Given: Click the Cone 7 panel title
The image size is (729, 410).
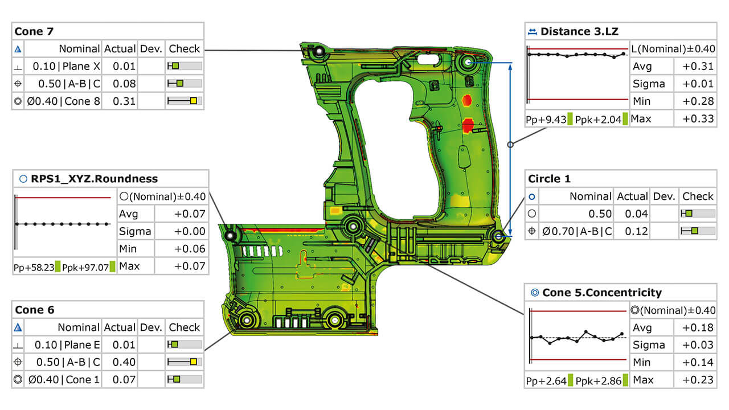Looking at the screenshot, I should (x=34, y=31).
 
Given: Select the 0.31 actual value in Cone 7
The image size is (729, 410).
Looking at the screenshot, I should (x=124, y=101).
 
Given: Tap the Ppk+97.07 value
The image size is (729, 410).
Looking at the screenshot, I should (x=85, y=266).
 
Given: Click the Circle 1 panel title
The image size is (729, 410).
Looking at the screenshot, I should (x=549, y=179).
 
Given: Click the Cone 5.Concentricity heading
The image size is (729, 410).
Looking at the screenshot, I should (x=602, y=293).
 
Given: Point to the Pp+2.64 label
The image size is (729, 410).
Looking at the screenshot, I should (x=546, y=380).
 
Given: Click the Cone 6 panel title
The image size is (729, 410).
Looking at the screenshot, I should (x=34, y=310).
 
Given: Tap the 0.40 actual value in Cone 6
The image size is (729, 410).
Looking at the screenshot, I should (x=124, y=362).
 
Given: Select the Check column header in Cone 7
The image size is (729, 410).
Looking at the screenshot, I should (x=185, y=49).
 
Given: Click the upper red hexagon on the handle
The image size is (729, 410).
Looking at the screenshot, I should (x=468, y=101).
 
